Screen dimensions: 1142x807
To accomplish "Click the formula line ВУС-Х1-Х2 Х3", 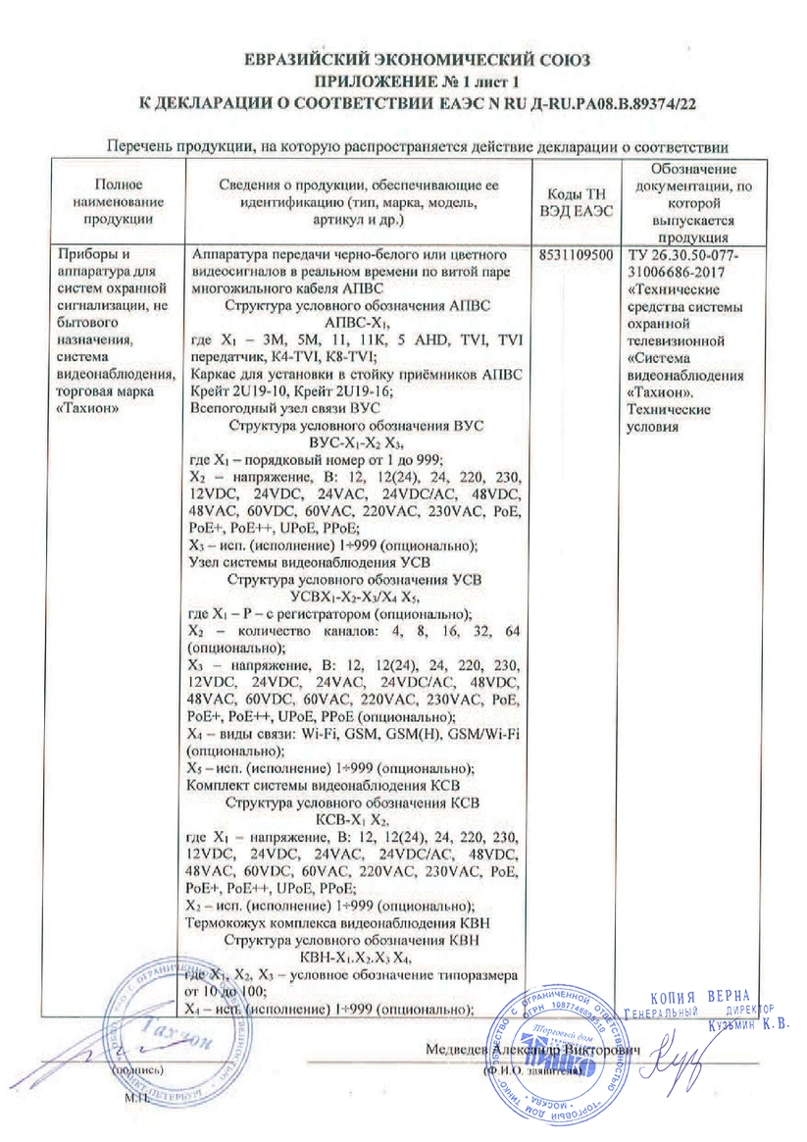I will [356, 442].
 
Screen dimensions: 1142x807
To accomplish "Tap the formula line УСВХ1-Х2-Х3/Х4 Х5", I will [356, 594].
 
